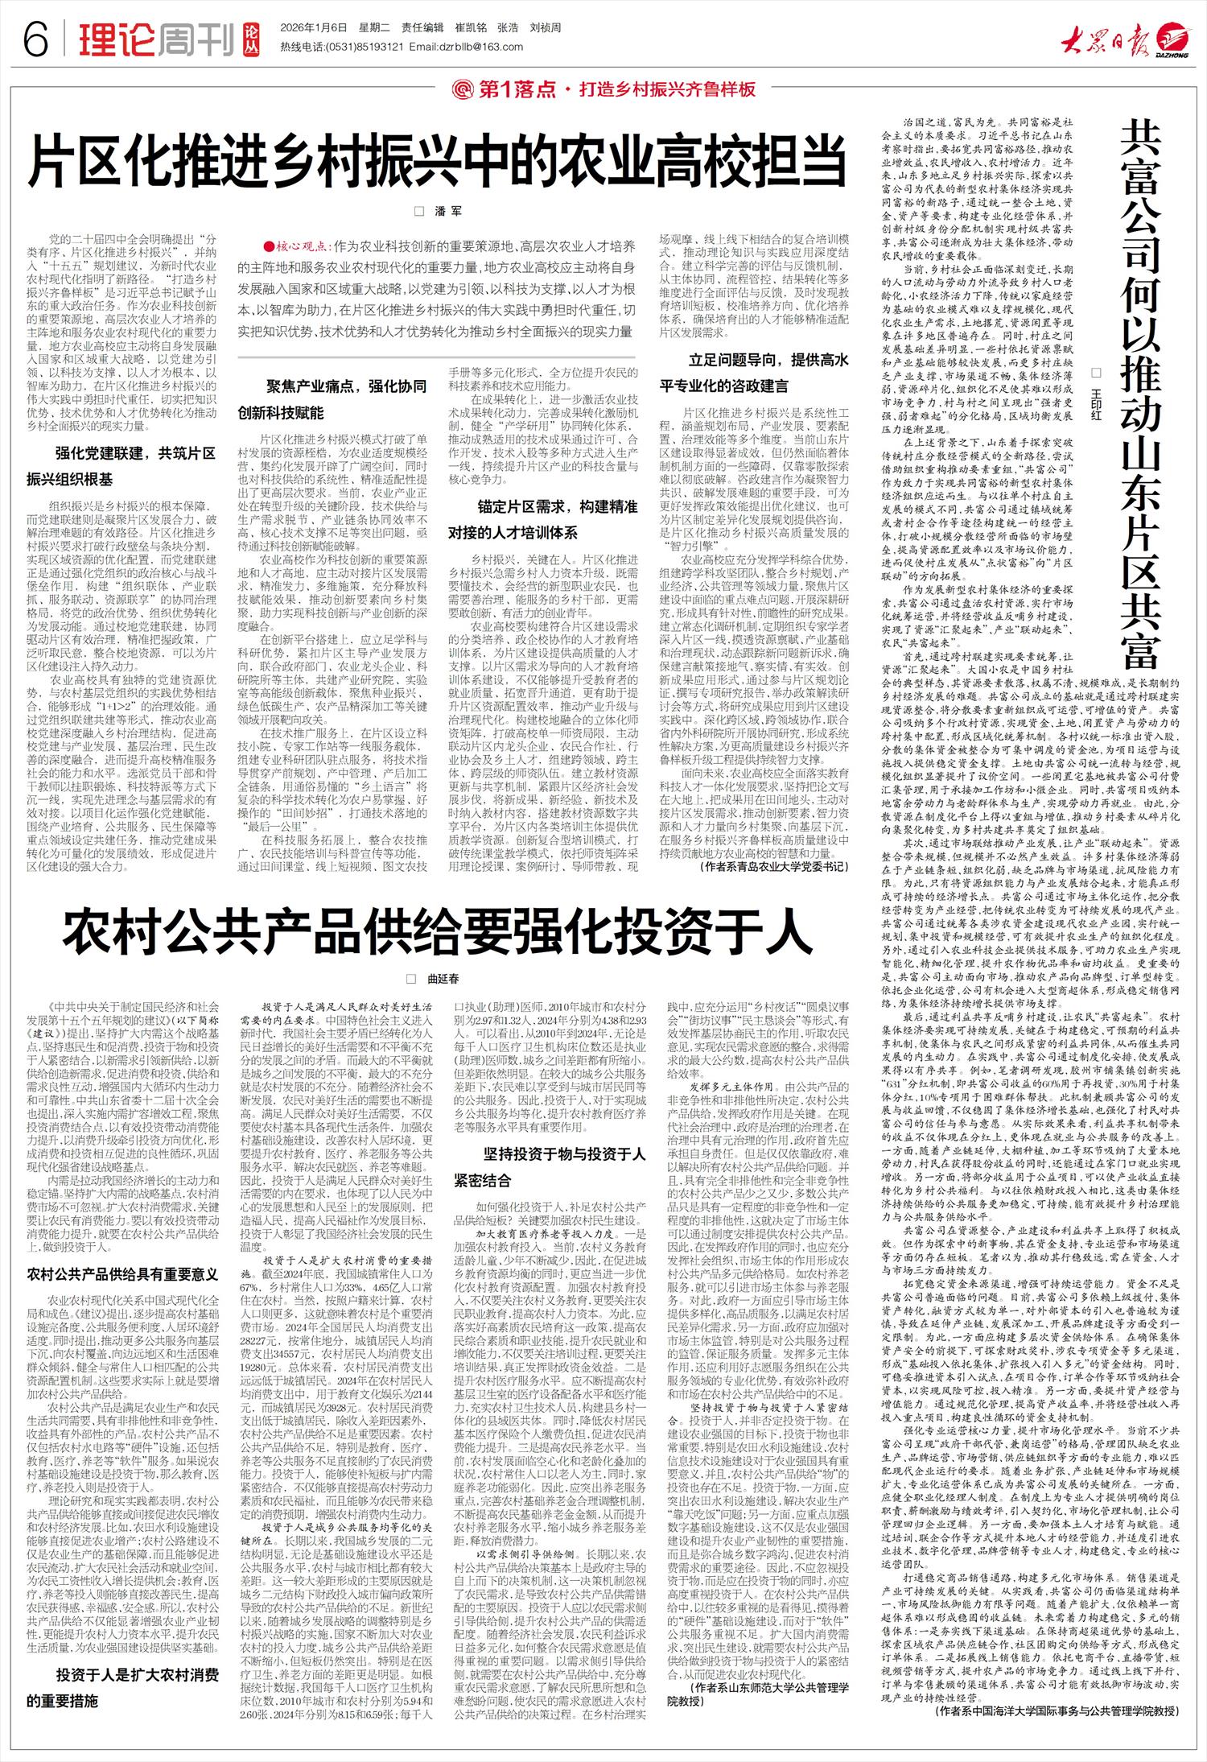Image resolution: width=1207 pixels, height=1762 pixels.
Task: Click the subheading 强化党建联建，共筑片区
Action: tap(134, 453)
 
